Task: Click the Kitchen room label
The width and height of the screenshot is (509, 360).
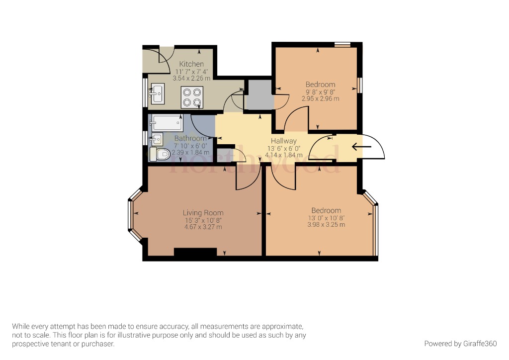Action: click(x=191, y=64)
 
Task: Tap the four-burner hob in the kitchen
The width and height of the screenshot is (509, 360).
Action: click(x=192, y=96)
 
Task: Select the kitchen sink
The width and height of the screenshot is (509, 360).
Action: click(x=158, y=93)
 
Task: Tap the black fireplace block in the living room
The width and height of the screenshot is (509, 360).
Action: click(x=195, y=253)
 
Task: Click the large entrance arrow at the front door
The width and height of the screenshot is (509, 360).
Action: click(x=361, y=147)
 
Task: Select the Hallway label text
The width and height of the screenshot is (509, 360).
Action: click(x=283, y=141)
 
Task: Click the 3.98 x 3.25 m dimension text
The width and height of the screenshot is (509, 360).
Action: click(x=326, y=225)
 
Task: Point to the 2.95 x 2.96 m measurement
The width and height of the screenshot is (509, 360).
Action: click(x=320, y=98)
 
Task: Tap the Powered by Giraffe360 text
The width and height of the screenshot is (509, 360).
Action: click(x=460, y=344)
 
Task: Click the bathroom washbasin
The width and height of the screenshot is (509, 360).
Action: click(x=157, y=138)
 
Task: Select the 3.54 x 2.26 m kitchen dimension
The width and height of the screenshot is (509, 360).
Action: click(x=191, y=78)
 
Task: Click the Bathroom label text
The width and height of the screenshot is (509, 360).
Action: click(x=190, y=138)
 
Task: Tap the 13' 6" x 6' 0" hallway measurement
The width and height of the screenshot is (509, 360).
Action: click(x=283, y=148)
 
